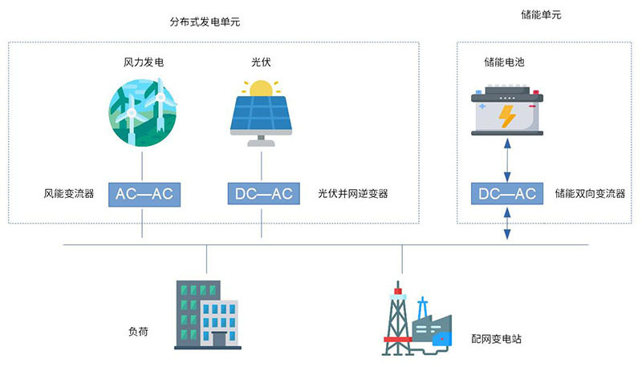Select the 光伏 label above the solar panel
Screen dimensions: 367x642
point(262,62)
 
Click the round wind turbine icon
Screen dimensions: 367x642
point(142,113)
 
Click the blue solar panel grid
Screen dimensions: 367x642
point(262,114)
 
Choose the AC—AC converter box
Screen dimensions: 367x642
point(143,194)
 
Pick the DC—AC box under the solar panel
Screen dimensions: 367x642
point(262,194)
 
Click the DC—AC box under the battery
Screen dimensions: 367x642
point(506,194)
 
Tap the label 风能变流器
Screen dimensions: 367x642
point(69,194)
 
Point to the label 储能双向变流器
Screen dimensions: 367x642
point(590,194)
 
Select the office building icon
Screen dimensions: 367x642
point(207,314)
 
